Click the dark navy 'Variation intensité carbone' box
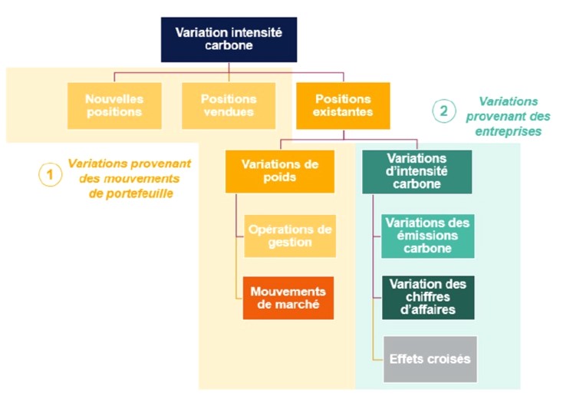(x=229, y=40)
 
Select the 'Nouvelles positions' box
(x=114, y=106)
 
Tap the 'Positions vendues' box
(x=229, y=106)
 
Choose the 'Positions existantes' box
(x=343, y=106)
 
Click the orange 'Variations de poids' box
(x=280, y=171)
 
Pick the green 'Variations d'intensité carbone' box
(x=416, y=172)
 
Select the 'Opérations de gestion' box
(x=290, y=236)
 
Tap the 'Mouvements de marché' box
(x=288, y=298)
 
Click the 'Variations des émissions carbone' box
(x=428, y=236)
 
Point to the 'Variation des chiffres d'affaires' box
(x=428, y=297)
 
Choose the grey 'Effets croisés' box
(x=430, y=359)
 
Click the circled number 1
(x=50, y=175)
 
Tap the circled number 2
(x=444, y=111)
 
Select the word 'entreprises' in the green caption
(x=509, y=131)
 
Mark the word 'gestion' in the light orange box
(x=290, y=243)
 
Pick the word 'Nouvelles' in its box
(x=114, y=99)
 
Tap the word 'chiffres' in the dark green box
(x=428, y=297)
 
